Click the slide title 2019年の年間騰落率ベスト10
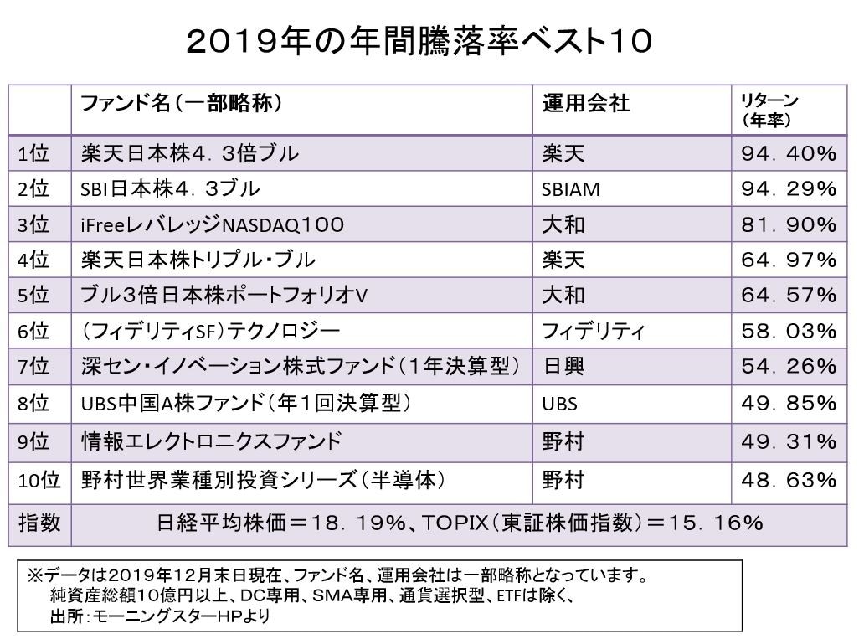(x=419, y=41)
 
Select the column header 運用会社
(x=585, y=104)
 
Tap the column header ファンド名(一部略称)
(x=181, y=104)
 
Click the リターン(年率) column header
(x=769, y=111)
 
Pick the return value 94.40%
(x=789, y=153)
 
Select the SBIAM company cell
(x=570, y=189)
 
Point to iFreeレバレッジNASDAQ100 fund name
(x=213, y=225)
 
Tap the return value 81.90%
(x=789, y=225)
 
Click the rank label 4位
(x=34, y=260)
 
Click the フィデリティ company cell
(x=593, y=332)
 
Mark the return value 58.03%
(x=789, y=332)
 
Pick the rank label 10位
(x=39, y=481)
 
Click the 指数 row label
(x=39, y=524)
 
